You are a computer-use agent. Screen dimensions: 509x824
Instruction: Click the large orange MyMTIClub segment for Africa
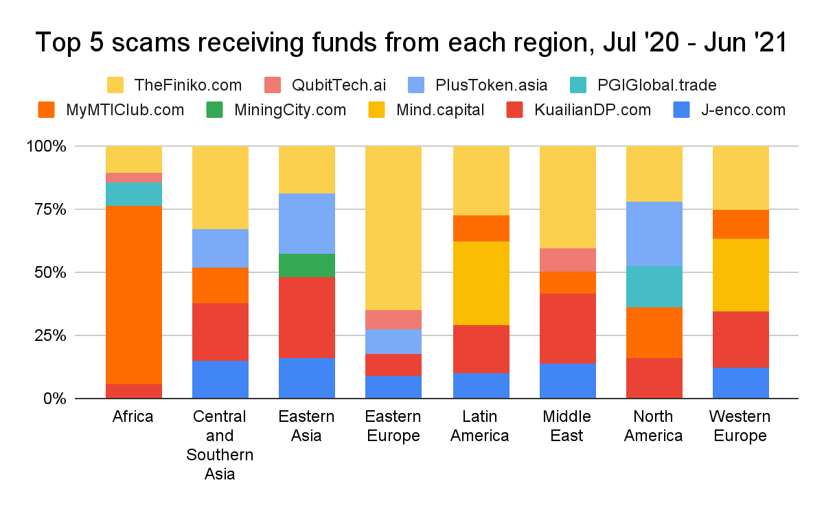134,295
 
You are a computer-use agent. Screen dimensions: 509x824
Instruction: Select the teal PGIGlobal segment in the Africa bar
134,194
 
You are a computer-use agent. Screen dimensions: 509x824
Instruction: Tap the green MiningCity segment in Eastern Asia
307,265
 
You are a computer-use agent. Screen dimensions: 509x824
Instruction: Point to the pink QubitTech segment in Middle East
567,260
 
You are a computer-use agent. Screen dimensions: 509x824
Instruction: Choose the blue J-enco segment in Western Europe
740,383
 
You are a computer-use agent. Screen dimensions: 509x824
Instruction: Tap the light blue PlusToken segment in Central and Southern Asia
220,248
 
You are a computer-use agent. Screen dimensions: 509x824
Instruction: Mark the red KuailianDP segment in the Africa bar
134,391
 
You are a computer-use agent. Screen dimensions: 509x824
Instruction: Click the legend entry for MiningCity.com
286,110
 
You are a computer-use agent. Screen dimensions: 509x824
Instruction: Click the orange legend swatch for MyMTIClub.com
47,110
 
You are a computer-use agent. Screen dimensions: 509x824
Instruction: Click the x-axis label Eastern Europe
393,426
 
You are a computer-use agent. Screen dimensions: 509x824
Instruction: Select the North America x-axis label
654,426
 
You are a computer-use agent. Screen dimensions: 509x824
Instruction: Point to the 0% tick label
54,399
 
